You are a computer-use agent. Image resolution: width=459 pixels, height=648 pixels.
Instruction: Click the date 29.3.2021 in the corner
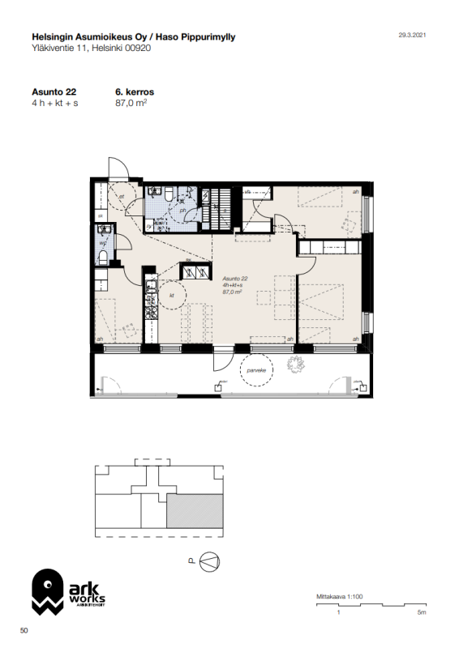coord(411,36)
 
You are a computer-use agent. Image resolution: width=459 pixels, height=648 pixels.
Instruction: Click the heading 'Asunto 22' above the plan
coord(49,92)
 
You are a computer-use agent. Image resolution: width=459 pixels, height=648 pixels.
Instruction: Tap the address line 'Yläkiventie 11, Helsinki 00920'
coord(90,48)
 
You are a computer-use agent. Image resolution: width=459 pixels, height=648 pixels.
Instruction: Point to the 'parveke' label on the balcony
coord(258,373)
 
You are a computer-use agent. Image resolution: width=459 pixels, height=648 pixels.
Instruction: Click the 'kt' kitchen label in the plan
coord(173,296)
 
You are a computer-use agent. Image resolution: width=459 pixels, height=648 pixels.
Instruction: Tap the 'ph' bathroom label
coord(183,210)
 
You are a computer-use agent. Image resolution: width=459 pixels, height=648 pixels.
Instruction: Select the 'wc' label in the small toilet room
coord(103,241)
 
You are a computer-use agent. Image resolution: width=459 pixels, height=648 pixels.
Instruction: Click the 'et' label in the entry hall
coord(121,195)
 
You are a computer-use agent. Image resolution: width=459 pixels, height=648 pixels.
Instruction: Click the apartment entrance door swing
coord(116,168)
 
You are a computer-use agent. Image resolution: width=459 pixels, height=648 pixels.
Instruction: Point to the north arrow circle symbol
coord(208,561)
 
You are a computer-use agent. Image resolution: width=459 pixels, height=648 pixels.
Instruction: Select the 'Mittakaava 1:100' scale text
coord(339,597)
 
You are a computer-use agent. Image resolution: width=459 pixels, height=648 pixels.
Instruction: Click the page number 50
coord(24,630)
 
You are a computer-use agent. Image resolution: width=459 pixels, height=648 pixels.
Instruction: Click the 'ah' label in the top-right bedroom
coord(355,192)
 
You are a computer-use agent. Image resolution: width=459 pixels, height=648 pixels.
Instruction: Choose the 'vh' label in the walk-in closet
coord(248,191)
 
